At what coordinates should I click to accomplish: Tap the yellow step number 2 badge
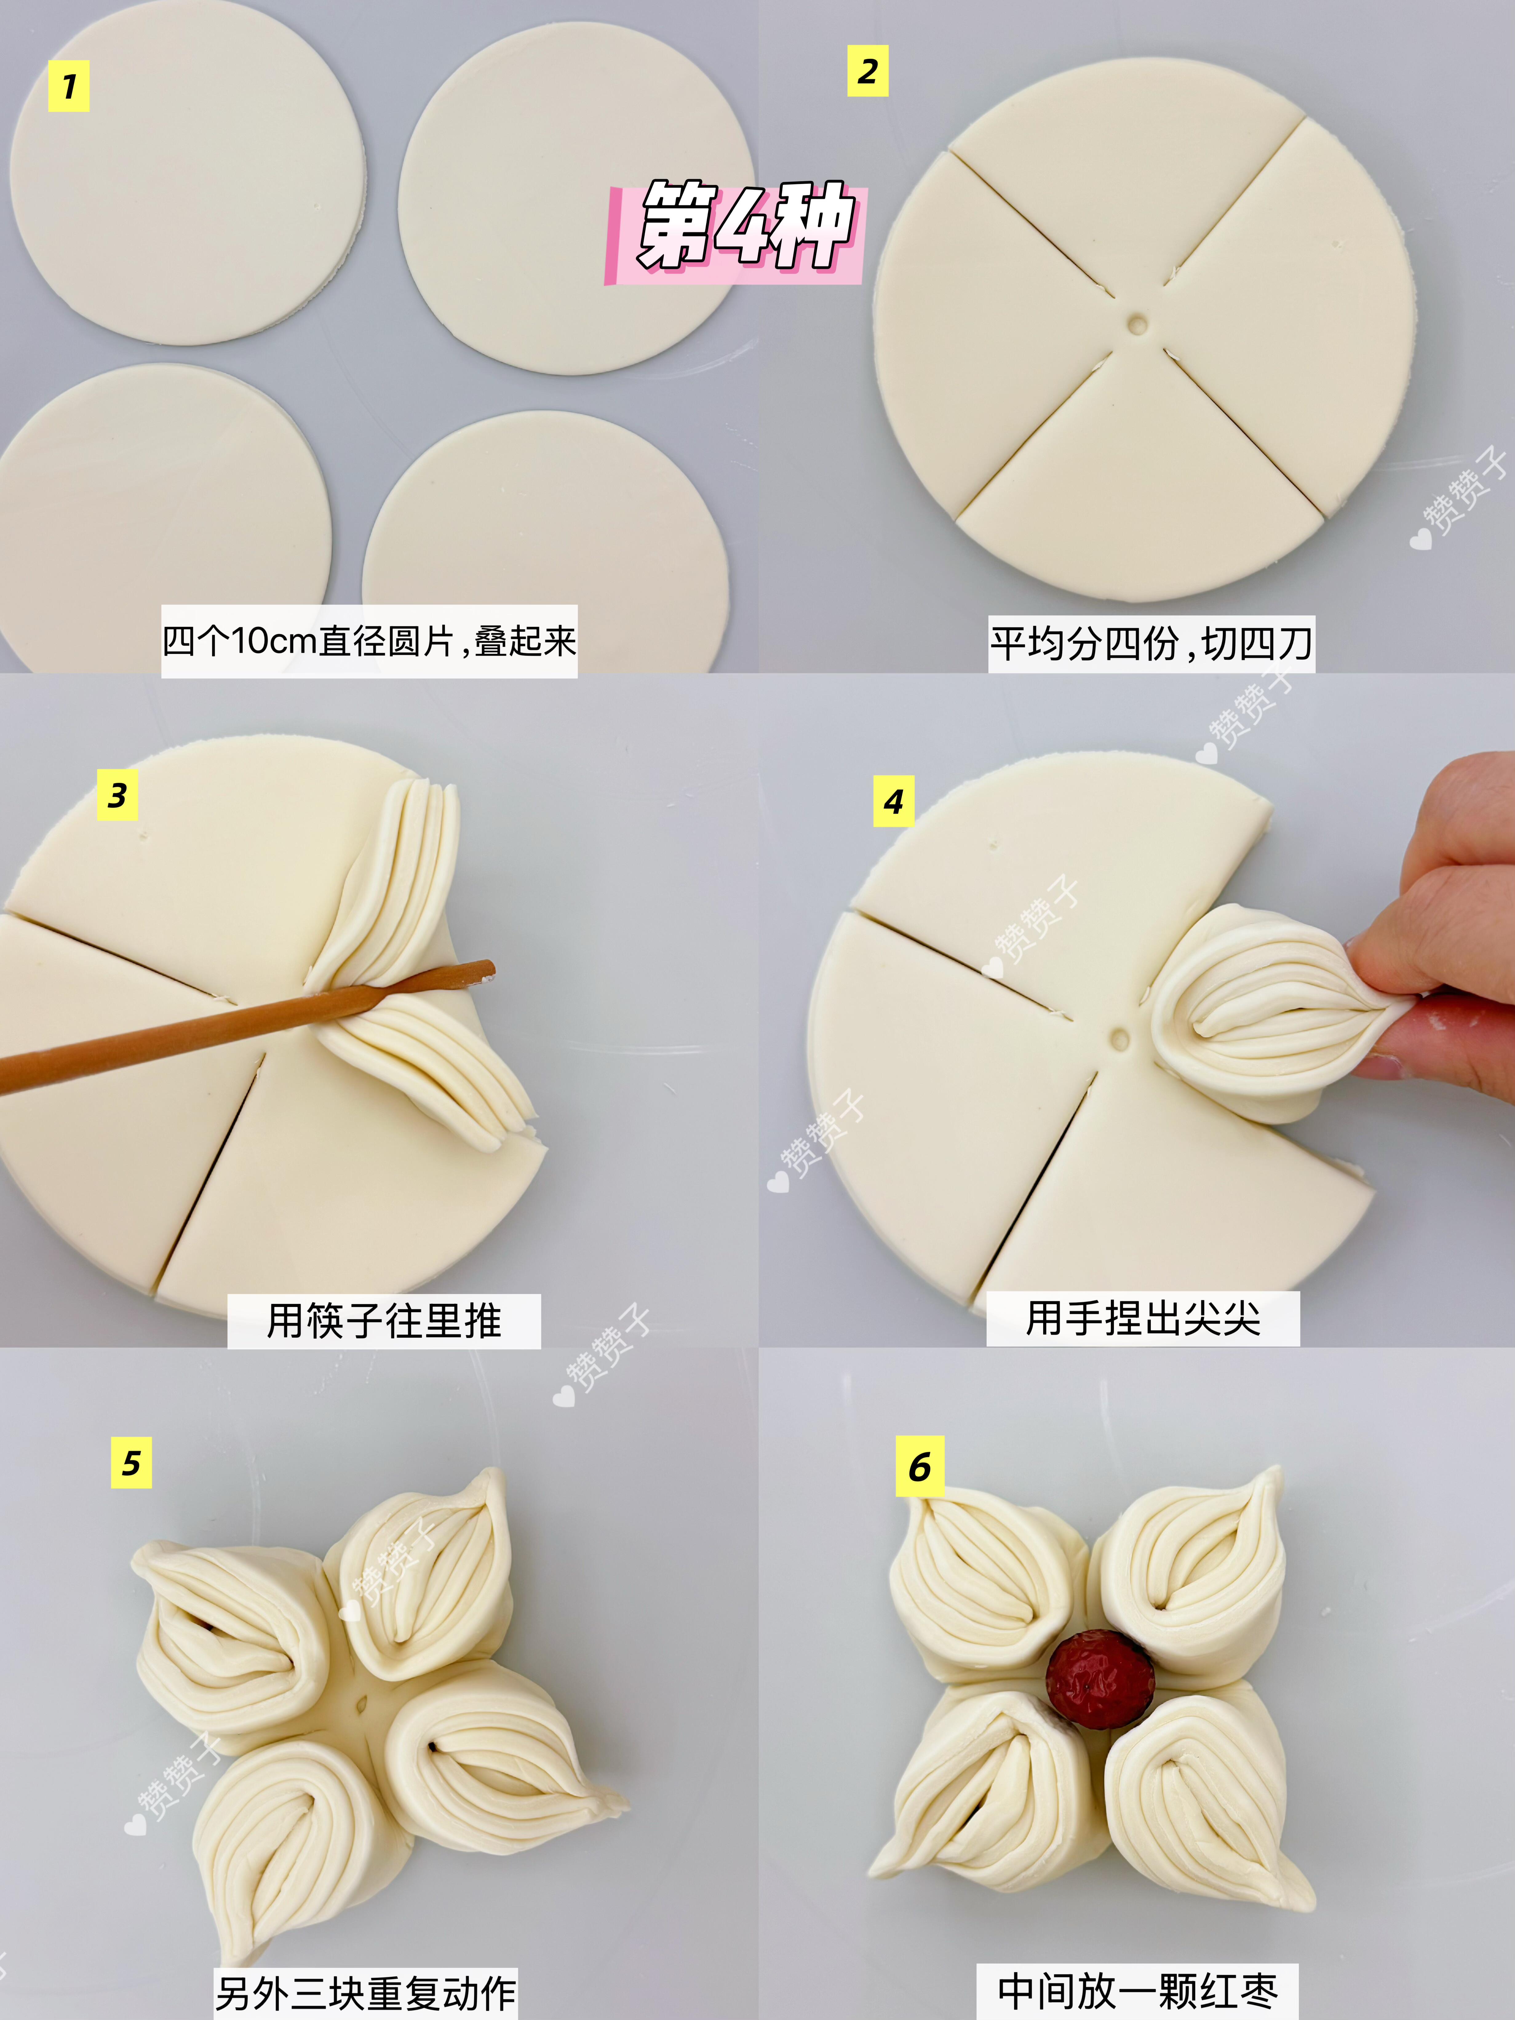[x=868, y=71]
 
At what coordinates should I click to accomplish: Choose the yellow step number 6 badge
[x=920, y=1467]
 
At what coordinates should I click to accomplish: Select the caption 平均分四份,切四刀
[x=1151, y=644]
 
